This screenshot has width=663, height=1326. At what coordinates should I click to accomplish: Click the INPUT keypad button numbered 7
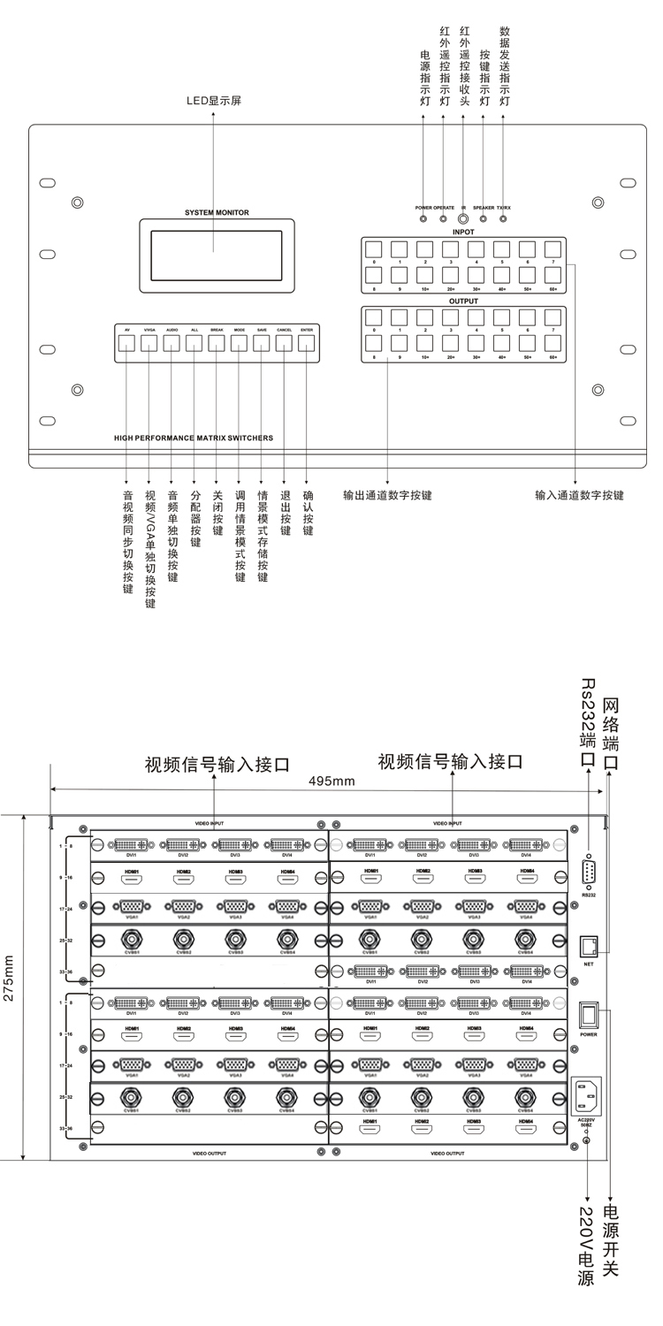tap(553, 249)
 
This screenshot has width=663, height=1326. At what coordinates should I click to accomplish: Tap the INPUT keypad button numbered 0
tap(374, 249)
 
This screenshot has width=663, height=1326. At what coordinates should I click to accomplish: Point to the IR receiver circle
tap(462, 217)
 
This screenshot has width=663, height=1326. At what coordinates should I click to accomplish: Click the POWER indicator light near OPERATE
tap(424, 217)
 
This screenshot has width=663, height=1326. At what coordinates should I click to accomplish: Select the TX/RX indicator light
tap(503, 217)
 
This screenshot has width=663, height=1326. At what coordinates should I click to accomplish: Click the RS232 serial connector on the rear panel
tap(590, 871)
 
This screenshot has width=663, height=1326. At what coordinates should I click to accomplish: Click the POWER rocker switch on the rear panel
tap(589, 1014)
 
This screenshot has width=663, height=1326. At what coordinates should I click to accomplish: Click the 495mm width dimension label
tap(331, 781)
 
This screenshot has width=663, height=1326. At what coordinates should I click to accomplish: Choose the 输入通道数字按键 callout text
tap(579, 495)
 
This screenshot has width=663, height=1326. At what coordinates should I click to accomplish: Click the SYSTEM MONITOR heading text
tap(217, 213)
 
